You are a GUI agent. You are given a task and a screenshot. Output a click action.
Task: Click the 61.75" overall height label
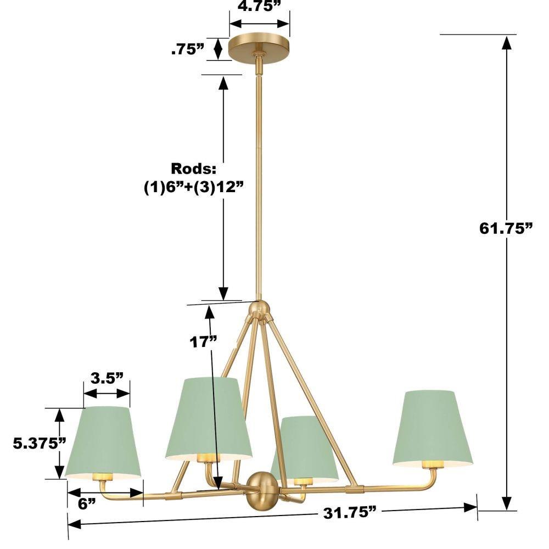(506, 228)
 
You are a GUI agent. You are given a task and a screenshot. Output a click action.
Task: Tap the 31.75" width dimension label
(350, 513)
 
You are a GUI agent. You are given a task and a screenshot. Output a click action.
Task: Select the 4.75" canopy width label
(260, 6)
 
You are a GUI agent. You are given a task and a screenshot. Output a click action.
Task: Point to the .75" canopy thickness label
(188, 49)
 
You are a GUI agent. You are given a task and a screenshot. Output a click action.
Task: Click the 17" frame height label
(204, 341)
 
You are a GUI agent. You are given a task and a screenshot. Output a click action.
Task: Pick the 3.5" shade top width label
(107, 378)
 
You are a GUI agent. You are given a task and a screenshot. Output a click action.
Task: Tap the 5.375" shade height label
(40, 444)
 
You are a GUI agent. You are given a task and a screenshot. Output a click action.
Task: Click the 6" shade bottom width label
(87, 504)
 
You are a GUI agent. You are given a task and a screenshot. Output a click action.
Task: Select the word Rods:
(194, 169)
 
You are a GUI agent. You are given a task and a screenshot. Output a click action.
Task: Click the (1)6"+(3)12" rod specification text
(194, 188)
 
